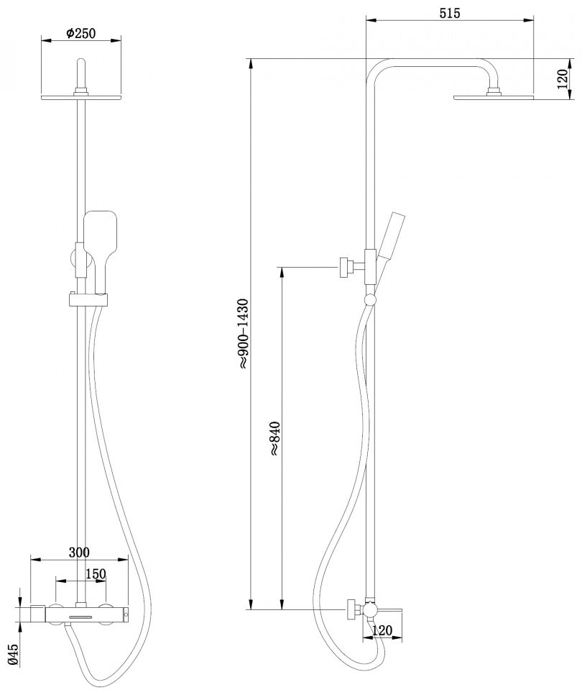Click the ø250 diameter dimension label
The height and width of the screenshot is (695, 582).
pyautogui.click(x=80, y=33)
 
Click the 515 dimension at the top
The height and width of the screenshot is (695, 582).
pyautogui.click(x=450, y=13)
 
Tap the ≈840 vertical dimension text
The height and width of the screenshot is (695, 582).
pyautogui.click(x=274, y=438)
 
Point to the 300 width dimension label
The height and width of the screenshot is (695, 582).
pyautogui.click(x=79, y=553)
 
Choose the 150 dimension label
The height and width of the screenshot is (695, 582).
pyautogui.click(x=96, y=574)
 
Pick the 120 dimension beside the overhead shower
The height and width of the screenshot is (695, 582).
pyautogui.click(x=562, y=79)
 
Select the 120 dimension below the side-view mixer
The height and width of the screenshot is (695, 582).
pyautogui.click(x=382, y=630)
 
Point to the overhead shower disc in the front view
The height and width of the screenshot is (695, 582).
pyautogui.click(x=81, y=96)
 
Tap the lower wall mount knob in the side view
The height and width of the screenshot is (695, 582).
pyautogui.click(x=352, y=610)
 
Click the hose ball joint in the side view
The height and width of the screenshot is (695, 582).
pyautogui.click(x=369, y=300)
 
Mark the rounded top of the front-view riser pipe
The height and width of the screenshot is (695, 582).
pyautogui.click(x=81, y=62)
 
